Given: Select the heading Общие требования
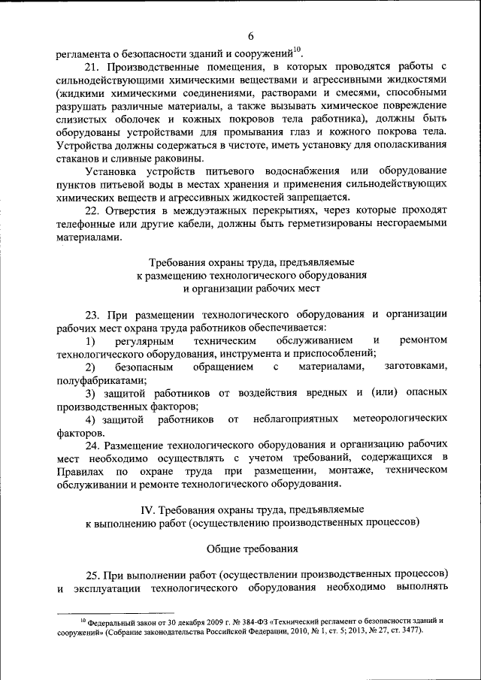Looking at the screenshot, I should click(x=252, y=548).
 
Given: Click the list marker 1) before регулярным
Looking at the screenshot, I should click(x=89, y=340).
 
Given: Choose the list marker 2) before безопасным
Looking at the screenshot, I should click(x=89, y=367).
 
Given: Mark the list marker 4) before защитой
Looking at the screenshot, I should click(x=89, y=418).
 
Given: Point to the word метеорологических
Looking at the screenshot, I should click(x=396, y=418).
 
